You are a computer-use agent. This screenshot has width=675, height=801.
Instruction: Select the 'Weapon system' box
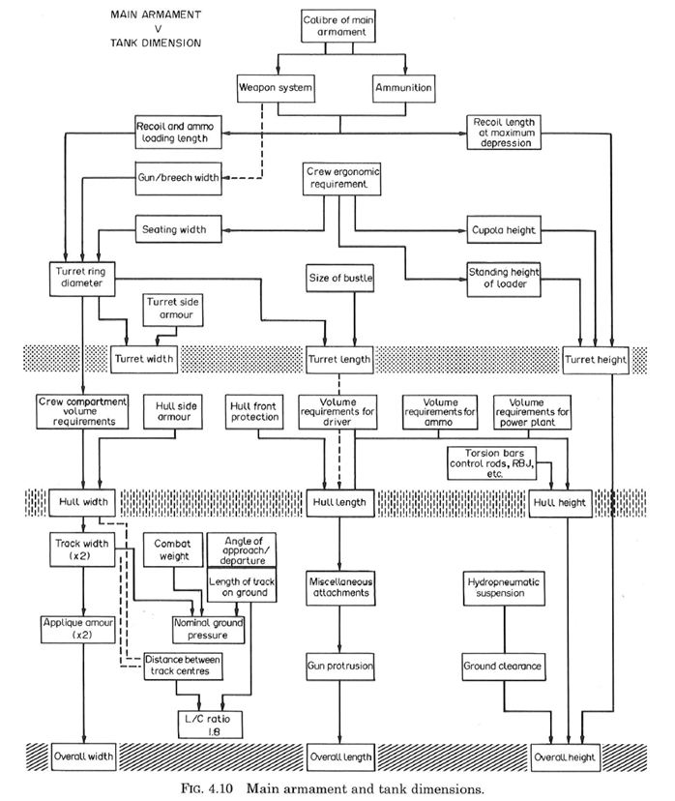[x=278, y=89]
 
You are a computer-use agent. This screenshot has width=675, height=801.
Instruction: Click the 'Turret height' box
[x=596, y=359]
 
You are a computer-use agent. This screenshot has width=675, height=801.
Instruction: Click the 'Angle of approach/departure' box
[x=243, y=546]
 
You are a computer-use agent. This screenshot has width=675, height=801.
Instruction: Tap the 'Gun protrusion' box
[x=339, y=667]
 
